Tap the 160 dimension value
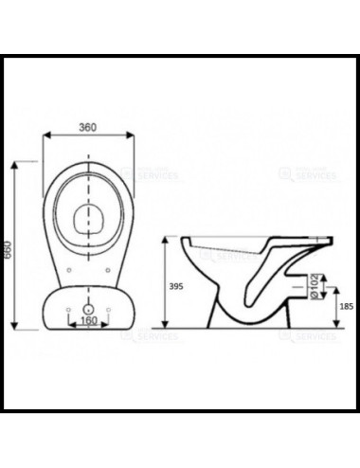[x=87, y=320]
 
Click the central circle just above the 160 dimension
[x=87, y=309]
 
